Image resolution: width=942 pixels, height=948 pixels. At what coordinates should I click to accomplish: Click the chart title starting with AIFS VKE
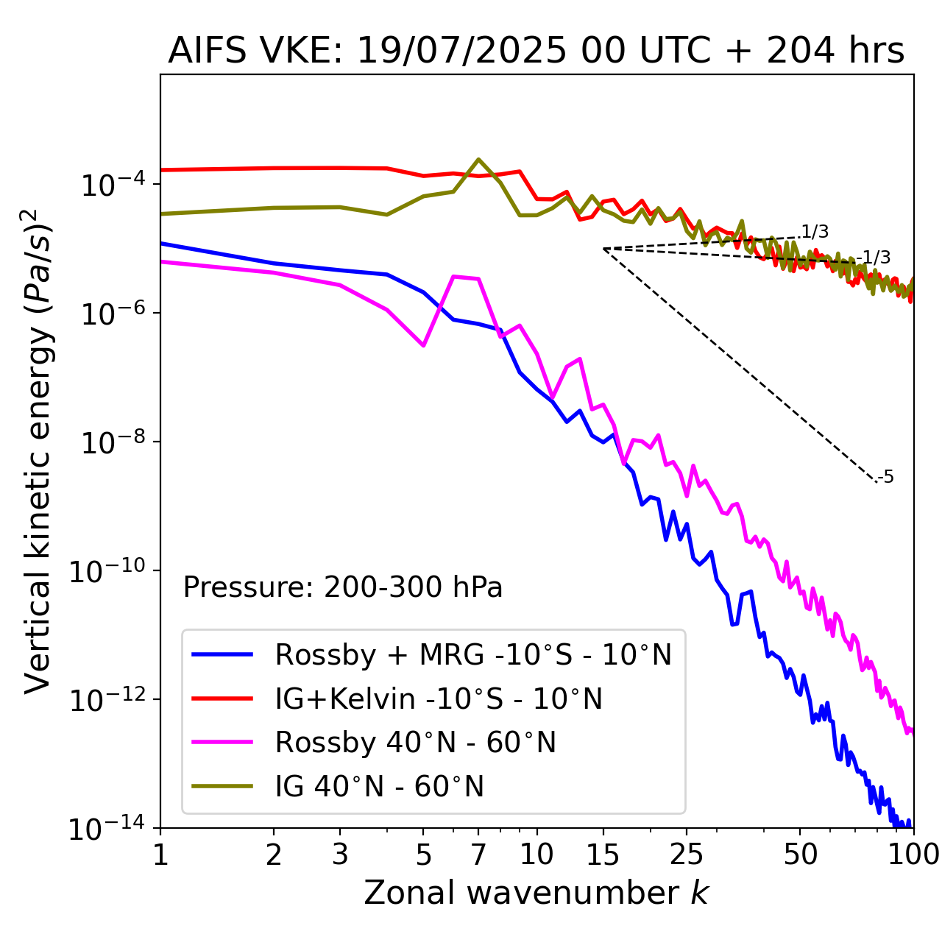coord(536,52)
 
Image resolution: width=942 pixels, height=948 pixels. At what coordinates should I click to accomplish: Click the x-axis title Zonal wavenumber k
coord(536,893)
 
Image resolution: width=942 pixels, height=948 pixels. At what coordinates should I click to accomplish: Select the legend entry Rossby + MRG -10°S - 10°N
coord(473,654)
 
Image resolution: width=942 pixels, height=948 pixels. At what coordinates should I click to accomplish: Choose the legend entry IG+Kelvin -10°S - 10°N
coord(439,698)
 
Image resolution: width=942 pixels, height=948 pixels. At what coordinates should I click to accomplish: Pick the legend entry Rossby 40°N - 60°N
coord(415,743)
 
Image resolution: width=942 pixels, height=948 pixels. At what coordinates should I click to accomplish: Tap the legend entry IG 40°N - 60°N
coord(379,787)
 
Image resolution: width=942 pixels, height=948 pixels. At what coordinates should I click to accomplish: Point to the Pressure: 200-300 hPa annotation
coord(342,587)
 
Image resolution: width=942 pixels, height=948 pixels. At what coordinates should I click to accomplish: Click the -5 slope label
coord(886,477)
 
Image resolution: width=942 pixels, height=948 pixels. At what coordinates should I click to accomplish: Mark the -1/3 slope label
coord(875,257)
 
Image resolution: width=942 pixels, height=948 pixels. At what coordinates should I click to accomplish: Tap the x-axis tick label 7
coord(478,855)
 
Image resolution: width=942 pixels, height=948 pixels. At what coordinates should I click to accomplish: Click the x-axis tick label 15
coord(603,855)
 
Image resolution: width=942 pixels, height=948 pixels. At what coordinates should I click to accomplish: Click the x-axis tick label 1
coord(160,855)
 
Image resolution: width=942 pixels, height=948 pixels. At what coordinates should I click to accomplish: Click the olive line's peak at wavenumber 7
coord(478,159)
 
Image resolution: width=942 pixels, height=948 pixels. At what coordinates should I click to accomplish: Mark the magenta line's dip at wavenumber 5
coord(423,345)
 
